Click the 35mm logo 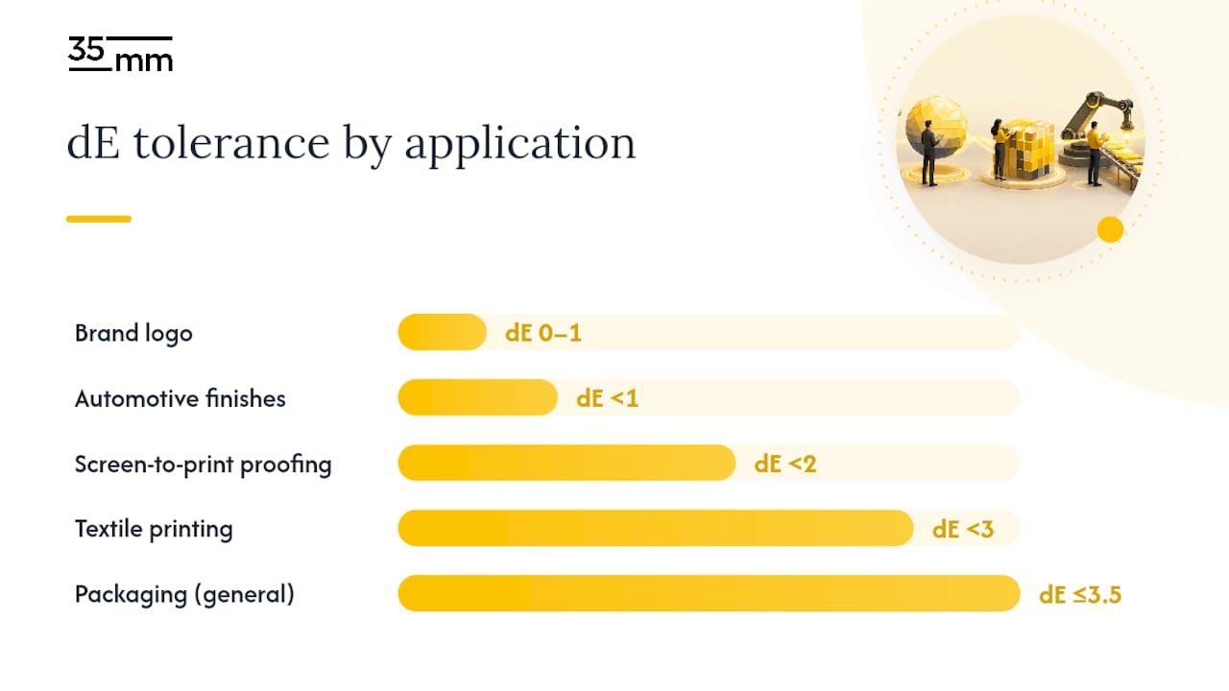coord(120,54)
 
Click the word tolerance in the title coord(231,143)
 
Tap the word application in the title coord(520,145)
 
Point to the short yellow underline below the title coord(99,219)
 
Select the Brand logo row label coord(133,333)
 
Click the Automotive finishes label coord(180,398)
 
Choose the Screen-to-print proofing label coord(203,465)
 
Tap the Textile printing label coord(154,529)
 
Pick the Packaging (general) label coord(184,594)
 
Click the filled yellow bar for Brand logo coord(443,332)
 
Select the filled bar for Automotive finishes coord(478,397)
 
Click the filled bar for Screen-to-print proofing coord(566,463)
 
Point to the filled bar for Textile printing coord(656,528)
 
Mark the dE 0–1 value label coord(543,333)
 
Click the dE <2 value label coord(785,464)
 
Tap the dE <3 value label coord(963,529)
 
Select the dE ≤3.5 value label coord(1080,594)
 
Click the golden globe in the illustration coord(936,128)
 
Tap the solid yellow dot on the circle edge coord(1111,229)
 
